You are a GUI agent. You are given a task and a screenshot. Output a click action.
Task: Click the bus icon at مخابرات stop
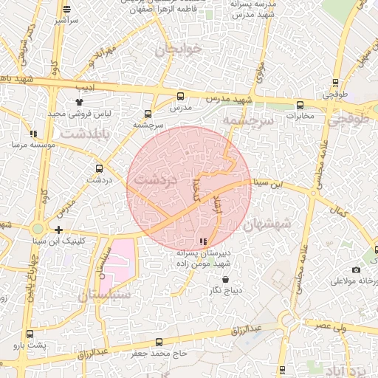click(x=300, y=105)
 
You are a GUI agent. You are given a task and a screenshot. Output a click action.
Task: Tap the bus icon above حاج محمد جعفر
click(x=159, y=342)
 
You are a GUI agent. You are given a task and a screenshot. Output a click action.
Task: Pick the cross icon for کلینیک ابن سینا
click(x=58, y=230)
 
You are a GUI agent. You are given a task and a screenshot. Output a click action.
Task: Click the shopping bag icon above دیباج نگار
click(x=226, y=279)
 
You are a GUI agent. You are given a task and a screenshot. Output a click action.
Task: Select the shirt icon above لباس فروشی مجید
click(x=79, y=103)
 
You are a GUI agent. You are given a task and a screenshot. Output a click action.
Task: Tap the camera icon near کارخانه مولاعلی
click(x=357, y=270)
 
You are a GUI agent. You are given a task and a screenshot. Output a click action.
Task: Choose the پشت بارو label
click(x=32, y=346)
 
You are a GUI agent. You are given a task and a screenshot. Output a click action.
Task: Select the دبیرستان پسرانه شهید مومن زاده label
click(x=204, y=258)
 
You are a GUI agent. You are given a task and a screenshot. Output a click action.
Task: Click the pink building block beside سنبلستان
click(x=118, y=262)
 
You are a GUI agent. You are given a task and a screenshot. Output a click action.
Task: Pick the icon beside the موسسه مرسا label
click(x=33, y=134)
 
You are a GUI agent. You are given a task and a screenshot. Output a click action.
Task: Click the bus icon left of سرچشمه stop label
click(x=148, y=114)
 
